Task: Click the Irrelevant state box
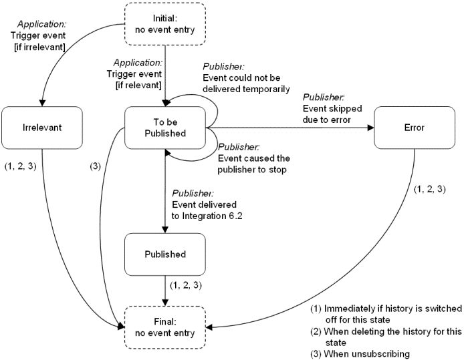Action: click(x=42, y=128)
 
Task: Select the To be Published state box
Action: click(x=164, y=128)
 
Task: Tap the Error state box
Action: click(x=415, y=128)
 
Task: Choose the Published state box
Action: click(x=164, y=254)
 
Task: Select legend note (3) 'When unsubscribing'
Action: click(x=359, y=353)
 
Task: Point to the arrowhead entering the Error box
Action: click(x=370, y=128)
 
